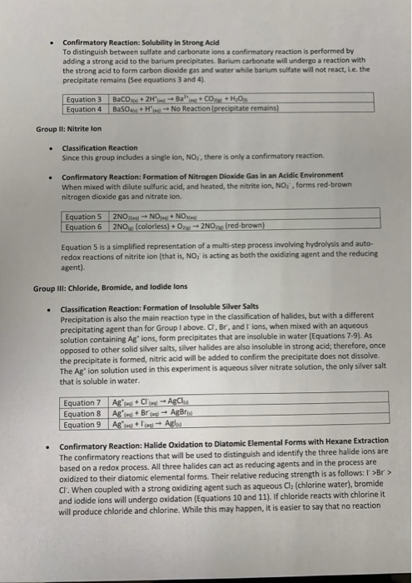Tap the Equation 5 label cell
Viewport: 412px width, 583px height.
coord(87,217)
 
